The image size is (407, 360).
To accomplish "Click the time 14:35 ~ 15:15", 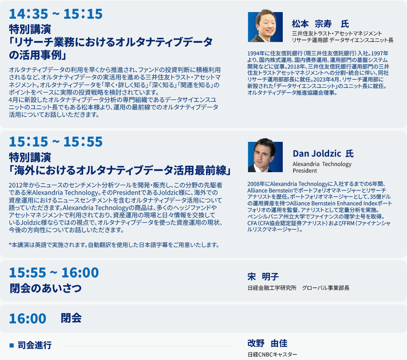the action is tap(56, 14).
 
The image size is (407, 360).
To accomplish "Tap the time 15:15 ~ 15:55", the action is tap(56, 142).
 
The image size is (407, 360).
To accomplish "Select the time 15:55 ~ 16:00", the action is tap(54, 273).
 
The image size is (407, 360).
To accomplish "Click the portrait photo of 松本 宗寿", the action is tap(265, 26).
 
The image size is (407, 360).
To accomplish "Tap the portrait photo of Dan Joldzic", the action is tap(265, 155).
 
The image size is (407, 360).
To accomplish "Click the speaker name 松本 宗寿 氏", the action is tap(320, 24).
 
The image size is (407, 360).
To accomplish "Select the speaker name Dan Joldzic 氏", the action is tap(323, 154).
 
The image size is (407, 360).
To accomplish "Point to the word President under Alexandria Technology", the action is tap(305, 171).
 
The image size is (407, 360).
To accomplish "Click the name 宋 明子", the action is tap(263, 277).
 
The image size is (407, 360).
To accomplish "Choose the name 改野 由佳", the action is tap(267, 343).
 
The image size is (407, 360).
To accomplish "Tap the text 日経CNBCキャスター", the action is tap(272, 354).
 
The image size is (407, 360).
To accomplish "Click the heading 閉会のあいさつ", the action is tap(46, 288).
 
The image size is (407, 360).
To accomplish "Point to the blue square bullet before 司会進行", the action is tap(11, 345).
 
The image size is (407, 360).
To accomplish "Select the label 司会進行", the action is tap(35, 345).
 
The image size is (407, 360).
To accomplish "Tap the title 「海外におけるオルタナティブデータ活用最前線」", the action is tap(120, 170).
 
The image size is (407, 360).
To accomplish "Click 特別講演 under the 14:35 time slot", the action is tap(30, 29).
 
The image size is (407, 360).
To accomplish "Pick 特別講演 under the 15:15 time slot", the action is tap(30, 157).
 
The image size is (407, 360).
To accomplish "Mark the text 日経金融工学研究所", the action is tap(272, 288).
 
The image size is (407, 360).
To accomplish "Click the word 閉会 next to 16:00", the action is tap(71, 318).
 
